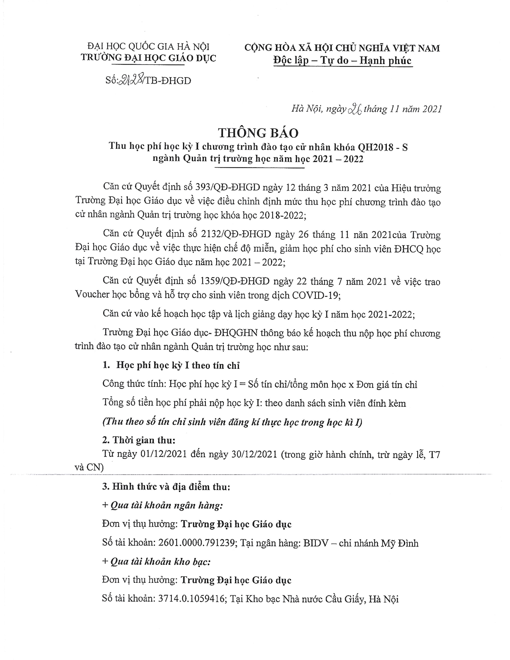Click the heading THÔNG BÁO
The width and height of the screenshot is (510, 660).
pyautogui.click(x=258, y=133)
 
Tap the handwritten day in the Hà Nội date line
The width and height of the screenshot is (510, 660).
pyautogui.click(x=355, y=109)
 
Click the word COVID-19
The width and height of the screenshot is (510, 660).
pyautogui.click(x=316, y=295)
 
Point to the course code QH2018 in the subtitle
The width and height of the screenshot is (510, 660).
pyautogui.click(x=375, y=147)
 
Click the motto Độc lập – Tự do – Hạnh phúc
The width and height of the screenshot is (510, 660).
pyautogui.click(x=343, y=61)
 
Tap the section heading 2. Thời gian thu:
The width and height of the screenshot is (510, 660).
pyautogui.click(x=139, y=440)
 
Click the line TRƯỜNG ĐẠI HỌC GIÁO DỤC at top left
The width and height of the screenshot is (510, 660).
pyautogui.click(x=148, y=58)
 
